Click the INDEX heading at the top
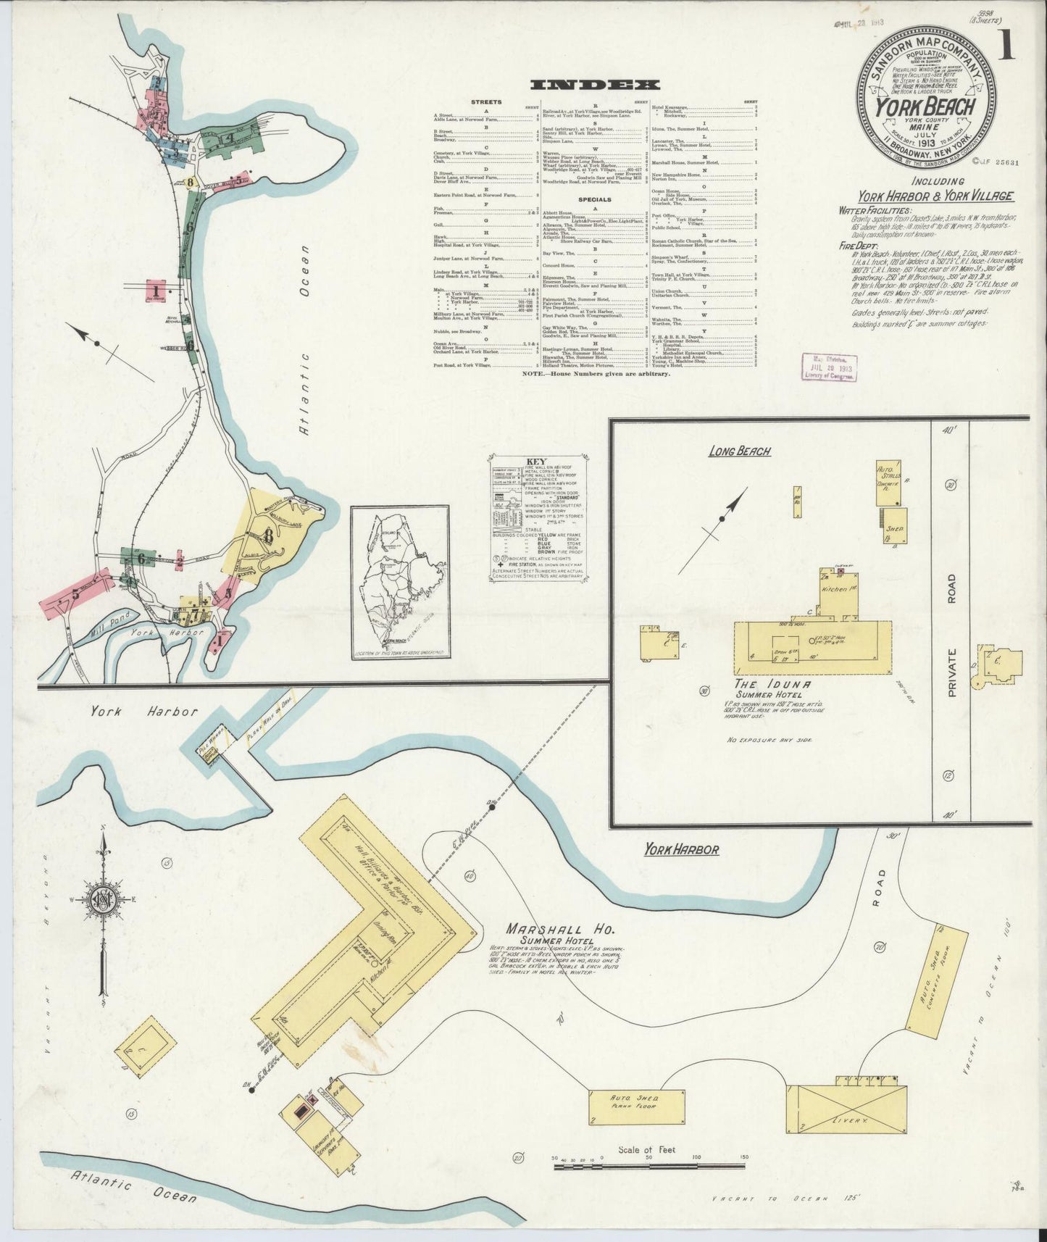click(594, 85)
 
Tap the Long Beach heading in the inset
click(739, 451)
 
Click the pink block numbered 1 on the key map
click(157, 291)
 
